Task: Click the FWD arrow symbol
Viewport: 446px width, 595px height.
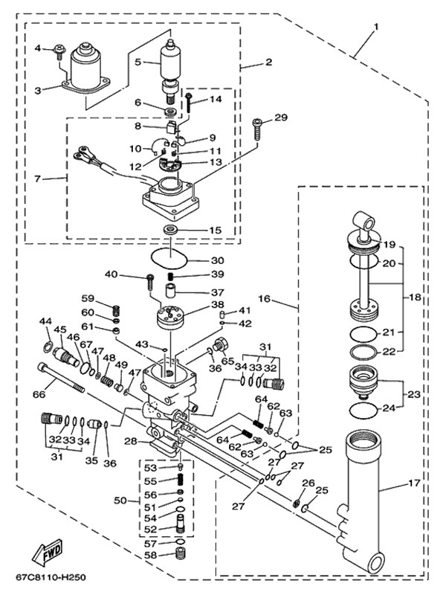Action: click(x=45, y=553)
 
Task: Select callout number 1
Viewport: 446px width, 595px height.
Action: click(x=376, y=27)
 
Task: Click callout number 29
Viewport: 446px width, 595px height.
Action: click(x=279, y=118)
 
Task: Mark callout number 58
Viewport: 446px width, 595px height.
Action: click(x=151, y=555)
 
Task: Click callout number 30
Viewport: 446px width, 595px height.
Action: click(x=216, y=260)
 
